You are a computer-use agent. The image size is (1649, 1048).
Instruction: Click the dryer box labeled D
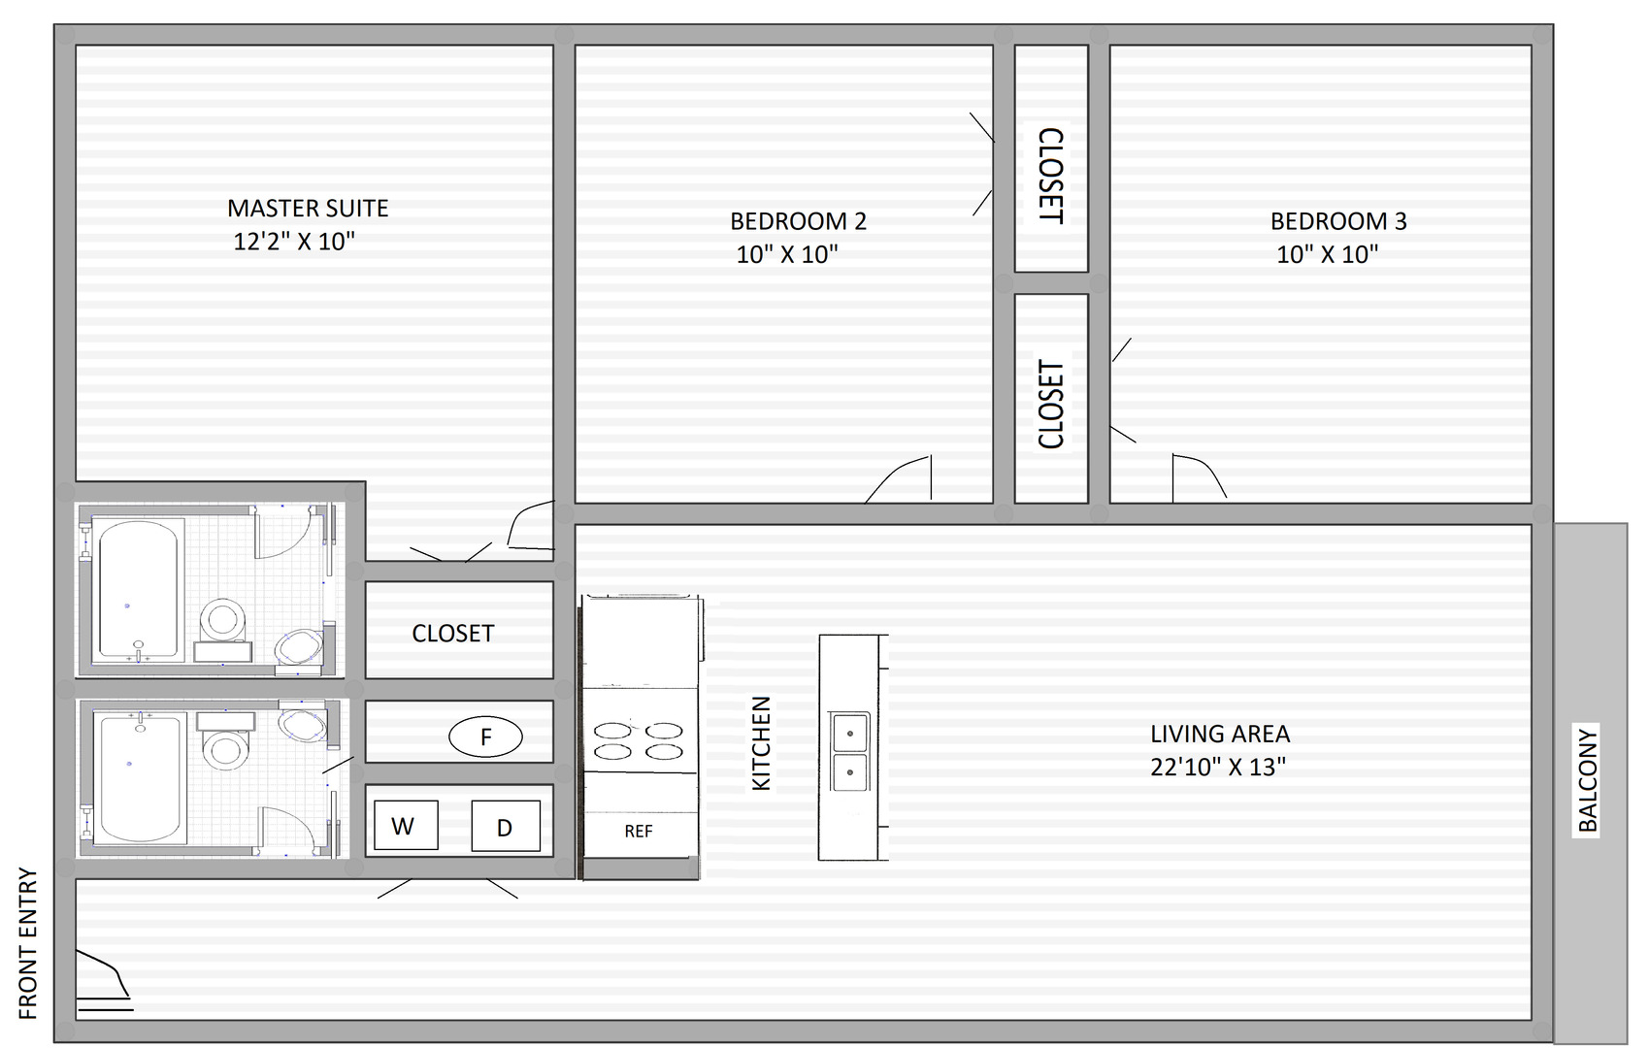pos(505,827)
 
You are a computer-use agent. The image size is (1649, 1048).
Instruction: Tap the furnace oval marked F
pos(485,737)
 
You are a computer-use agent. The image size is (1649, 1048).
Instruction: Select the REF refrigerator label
pos(638,832)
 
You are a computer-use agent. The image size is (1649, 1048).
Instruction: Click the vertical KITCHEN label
pos(762,743)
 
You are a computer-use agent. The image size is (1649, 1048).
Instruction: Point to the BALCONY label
pos(1587,780)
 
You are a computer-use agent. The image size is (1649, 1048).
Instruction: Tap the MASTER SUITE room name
pos(308,209)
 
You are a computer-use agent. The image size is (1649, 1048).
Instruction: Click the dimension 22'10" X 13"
pos(1217,768)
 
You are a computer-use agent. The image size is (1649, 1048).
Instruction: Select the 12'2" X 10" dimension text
pos(294,242)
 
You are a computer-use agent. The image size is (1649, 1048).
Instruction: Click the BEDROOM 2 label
pos(798,221)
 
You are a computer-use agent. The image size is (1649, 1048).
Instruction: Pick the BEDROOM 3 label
pos(1337,221)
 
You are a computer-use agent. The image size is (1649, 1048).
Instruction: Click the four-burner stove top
pos(638,740)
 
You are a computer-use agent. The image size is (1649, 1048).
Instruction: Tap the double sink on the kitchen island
pos(849,752)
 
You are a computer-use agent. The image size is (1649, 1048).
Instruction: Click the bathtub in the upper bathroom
pos(139,590)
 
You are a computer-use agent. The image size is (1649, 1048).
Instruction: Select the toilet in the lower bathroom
pos(226,747)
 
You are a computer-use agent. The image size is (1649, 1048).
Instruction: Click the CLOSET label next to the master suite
pos(452,634)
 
